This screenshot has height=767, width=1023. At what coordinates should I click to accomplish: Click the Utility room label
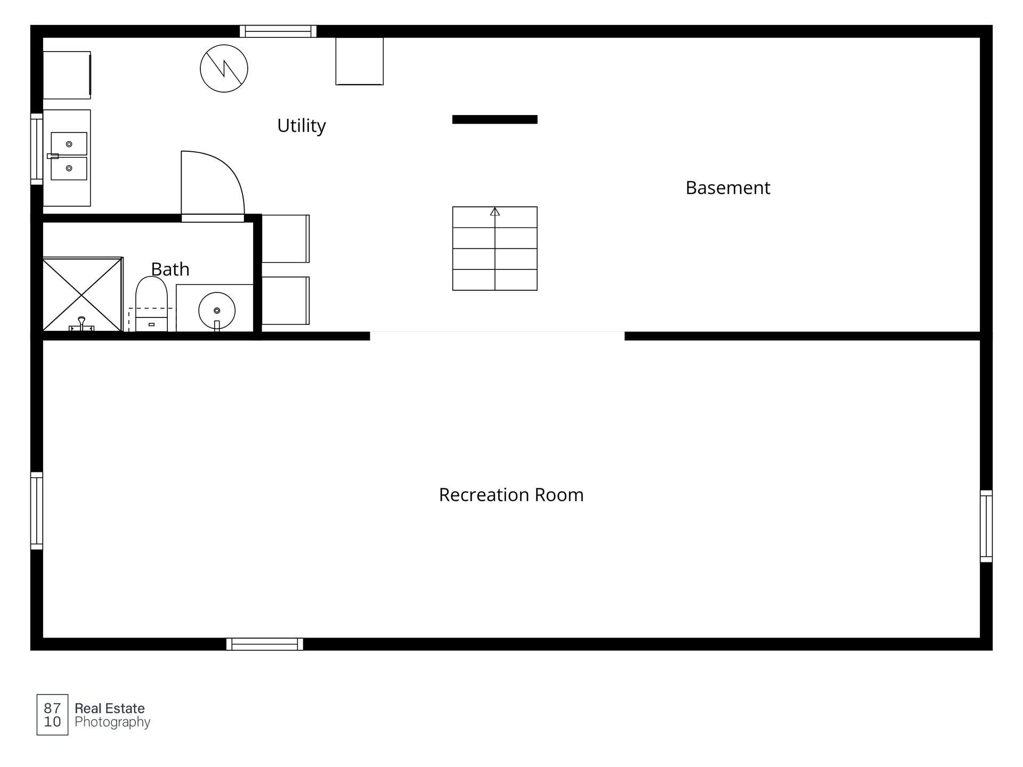[x=301, y=126]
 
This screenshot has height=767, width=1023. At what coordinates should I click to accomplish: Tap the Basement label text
[x=728, y=187]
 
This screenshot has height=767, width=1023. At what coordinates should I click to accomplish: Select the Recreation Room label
[x=511, y=495]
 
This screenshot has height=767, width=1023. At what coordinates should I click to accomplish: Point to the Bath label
[x=170, y=269]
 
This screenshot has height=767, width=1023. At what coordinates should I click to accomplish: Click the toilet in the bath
[x=151, y=304]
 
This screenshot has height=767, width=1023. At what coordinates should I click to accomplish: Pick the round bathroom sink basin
[x=217, y=311]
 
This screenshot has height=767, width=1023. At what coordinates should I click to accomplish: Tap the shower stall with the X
[x=83, y=295]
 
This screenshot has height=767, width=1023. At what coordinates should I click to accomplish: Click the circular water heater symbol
[x=224, y=68]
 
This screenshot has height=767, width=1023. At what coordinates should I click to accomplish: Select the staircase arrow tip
[x=495, y=208]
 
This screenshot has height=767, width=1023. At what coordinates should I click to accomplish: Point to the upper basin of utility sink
[x=69, y=144]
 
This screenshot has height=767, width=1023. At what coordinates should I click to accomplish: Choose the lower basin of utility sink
[x=69, y=168]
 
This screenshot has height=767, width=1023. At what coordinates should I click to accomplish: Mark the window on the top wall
[x=278, y=31]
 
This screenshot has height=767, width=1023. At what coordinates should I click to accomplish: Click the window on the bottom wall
[x=265, y=644]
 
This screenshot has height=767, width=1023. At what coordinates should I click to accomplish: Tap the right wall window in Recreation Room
[x=986, y=526]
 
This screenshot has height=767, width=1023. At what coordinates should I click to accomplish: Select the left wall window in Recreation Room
[x=36, y=510]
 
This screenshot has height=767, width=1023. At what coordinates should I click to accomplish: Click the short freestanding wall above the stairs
[x=495, y=119]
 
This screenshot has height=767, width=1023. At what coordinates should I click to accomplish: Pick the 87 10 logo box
[x=52, y=715]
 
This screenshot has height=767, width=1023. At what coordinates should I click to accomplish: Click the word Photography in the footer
[x=112, y=722]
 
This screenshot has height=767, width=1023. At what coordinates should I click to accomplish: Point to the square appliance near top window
[x=360, y=61]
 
